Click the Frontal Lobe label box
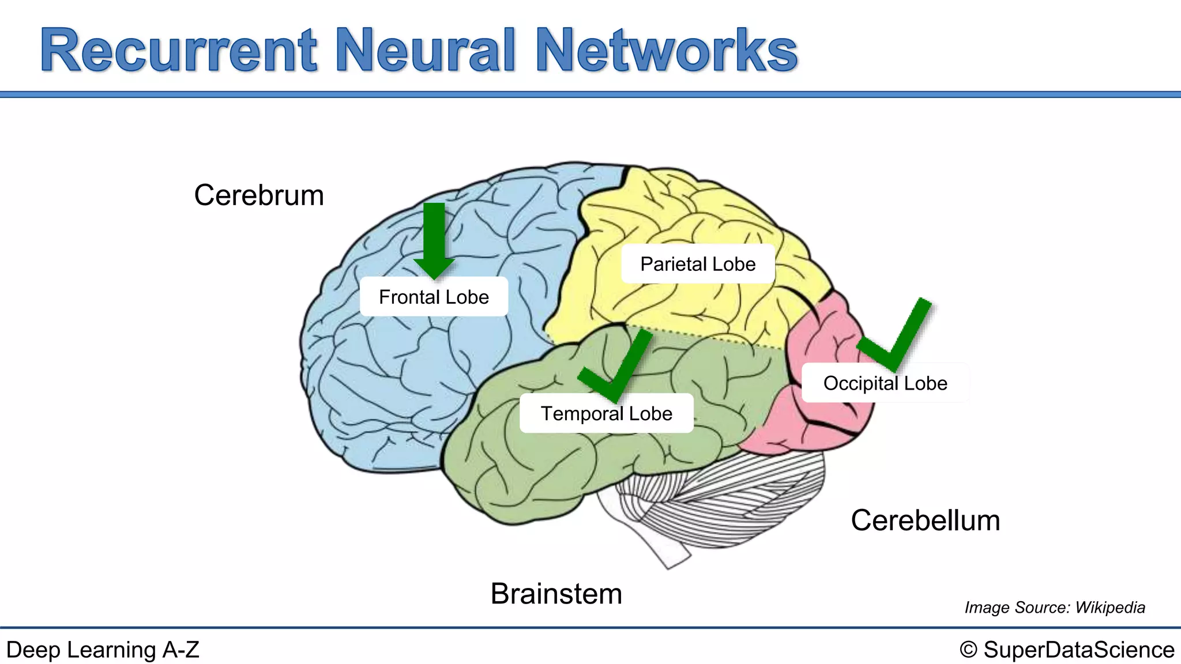click(434, 297)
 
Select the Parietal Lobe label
click(697, 264)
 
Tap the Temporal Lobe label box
click(606, 413)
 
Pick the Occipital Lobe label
click(885, 383)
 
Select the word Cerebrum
click(259, 195)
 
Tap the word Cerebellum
click(925, 520)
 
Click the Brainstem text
click(556, 594)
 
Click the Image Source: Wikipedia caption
click(1054, 608)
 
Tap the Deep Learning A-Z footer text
click(103, 650)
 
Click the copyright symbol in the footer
click(968, 650)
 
